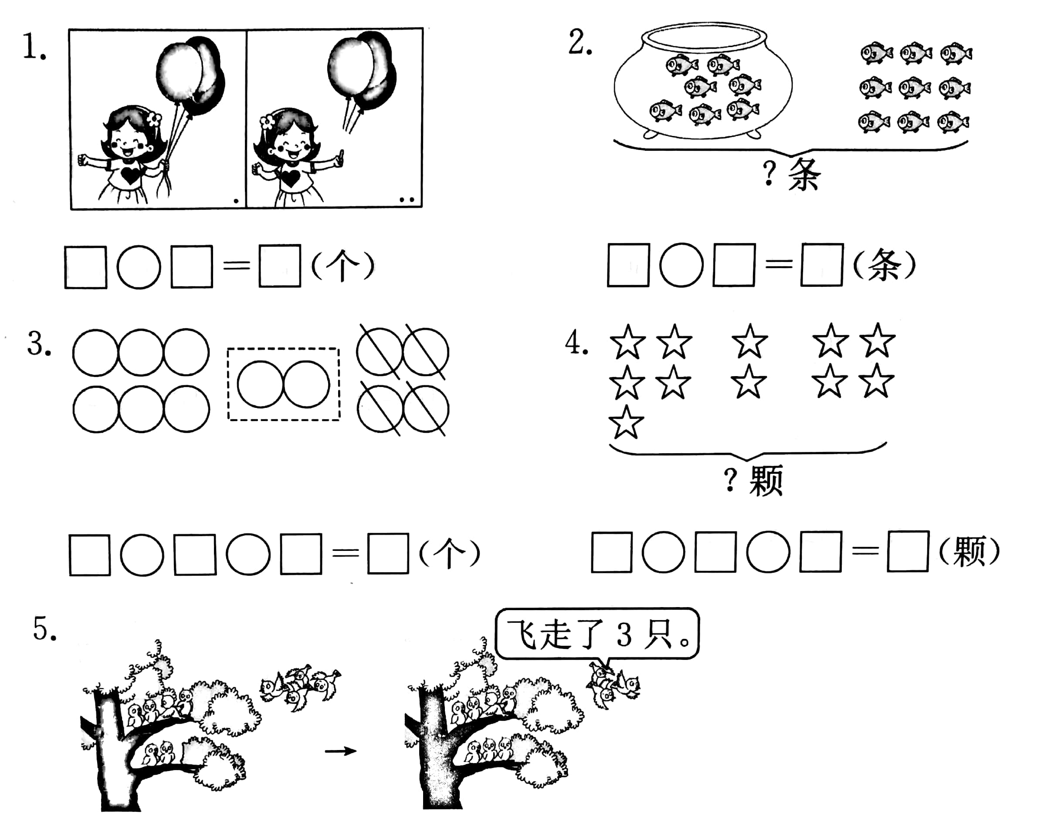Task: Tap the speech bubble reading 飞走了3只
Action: (x=597, y=634)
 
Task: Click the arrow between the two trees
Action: (x=340, y=750)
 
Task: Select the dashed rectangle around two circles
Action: (x=283, y=384)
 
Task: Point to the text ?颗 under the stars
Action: (x=753, y=480)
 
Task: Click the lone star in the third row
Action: (x=626, y=422)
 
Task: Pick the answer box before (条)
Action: (x=821, y=265)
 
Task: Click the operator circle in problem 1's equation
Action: (x=139, y=267)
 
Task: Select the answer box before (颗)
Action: (x=907, y=551)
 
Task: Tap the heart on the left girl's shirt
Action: (x=130, y=174)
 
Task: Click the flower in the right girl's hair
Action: (x=267, y=122)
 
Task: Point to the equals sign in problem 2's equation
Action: (x=779, y=265)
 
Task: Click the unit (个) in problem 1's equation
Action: (x=342, y=266)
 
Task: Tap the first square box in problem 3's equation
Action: (x=90, y=555)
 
